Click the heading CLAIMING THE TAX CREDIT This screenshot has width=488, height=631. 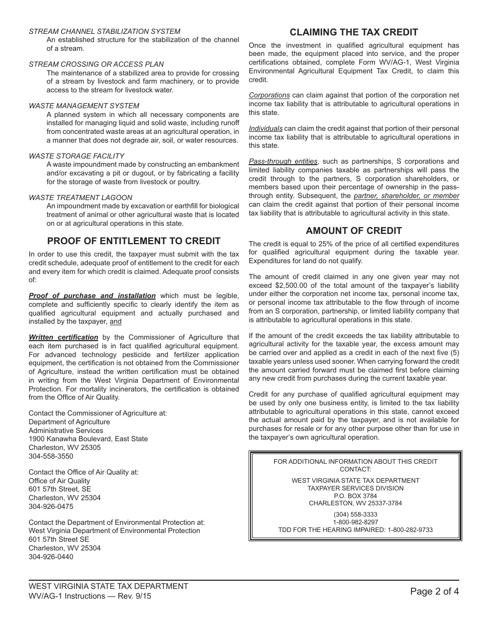pyautogui.click(x=354, y=32)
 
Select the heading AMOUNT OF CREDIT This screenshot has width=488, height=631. pyautogui.click(x=354, y=231)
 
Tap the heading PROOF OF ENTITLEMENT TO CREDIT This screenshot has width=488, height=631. pyautogui.click(x=134, y=241)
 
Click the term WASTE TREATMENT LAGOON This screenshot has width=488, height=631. pyautogui.click(x=80, y=198)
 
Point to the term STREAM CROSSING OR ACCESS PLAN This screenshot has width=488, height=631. pyautogui.click(x=96, y=64)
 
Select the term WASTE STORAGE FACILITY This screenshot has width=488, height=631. pyautogui.click(x=77, y=156)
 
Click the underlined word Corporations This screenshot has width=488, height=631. pyautogui.click(x=269, y=95)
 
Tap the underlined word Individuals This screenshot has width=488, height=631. pyautogui.click(x=266, y=129)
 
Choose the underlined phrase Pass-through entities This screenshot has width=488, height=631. pyautogui.click(x=283, y=162)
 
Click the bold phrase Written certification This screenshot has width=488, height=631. pyautogui.click(x=63, y=338)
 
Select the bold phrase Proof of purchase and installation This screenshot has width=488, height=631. pyautogui.click(x=92, y=296)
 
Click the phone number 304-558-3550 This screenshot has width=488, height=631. pyautogui.click(x=51, y=456)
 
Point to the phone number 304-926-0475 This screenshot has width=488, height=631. pyautogui.click(x=51, y=506)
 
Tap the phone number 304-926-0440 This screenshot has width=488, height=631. pyautogui.click(x=51, y=557)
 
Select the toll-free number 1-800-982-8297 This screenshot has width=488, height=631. pyautogui.click(x=355, y=522)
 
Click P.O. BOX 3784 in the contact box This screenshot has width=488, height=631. pyautogui.click(x=355, y=496)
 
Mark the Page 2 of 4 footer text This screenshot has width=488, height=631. pyautogui.click(x=435, y=591)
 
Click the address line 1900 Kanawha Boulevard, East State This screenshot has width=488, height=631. pyautogui.click(x=88, y=439)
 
